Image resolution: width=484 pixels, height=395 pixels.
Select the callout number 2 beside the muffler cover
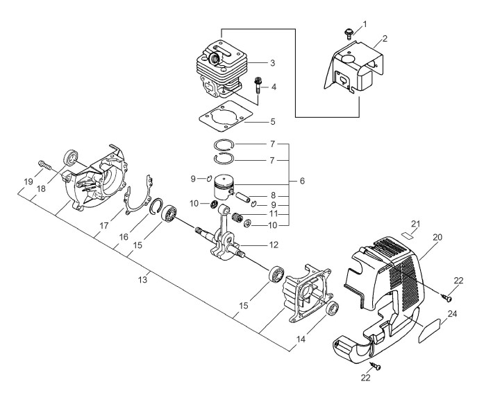click(385, 39)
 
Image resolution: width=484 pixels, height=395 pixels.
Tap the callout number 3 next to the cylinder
click(272, 63)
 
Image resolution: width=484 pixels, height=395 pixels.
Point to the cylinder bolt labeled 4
click(257, 87)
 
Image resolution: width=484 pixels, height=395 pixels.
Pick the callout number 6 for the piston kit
click(302, 181)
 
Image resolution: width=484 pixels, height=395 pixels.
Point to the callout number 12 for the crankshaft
click(274, 245)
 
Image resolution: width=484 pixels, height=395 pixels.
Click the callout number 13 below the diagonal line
click(143, 280)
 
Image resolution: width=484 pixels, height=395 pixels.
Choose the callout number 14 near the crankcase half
click(301, 340)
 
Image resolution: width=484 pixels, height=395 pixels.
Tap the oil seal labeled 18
click(72, 158)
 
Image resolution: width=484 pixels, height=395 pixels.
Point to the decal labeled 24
click(429, 330)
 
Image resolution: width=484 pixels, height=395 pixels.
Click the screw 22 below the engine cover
click(376, 366)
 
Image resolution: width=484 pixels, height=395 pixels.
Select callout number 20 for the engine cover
click(437, 237)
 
